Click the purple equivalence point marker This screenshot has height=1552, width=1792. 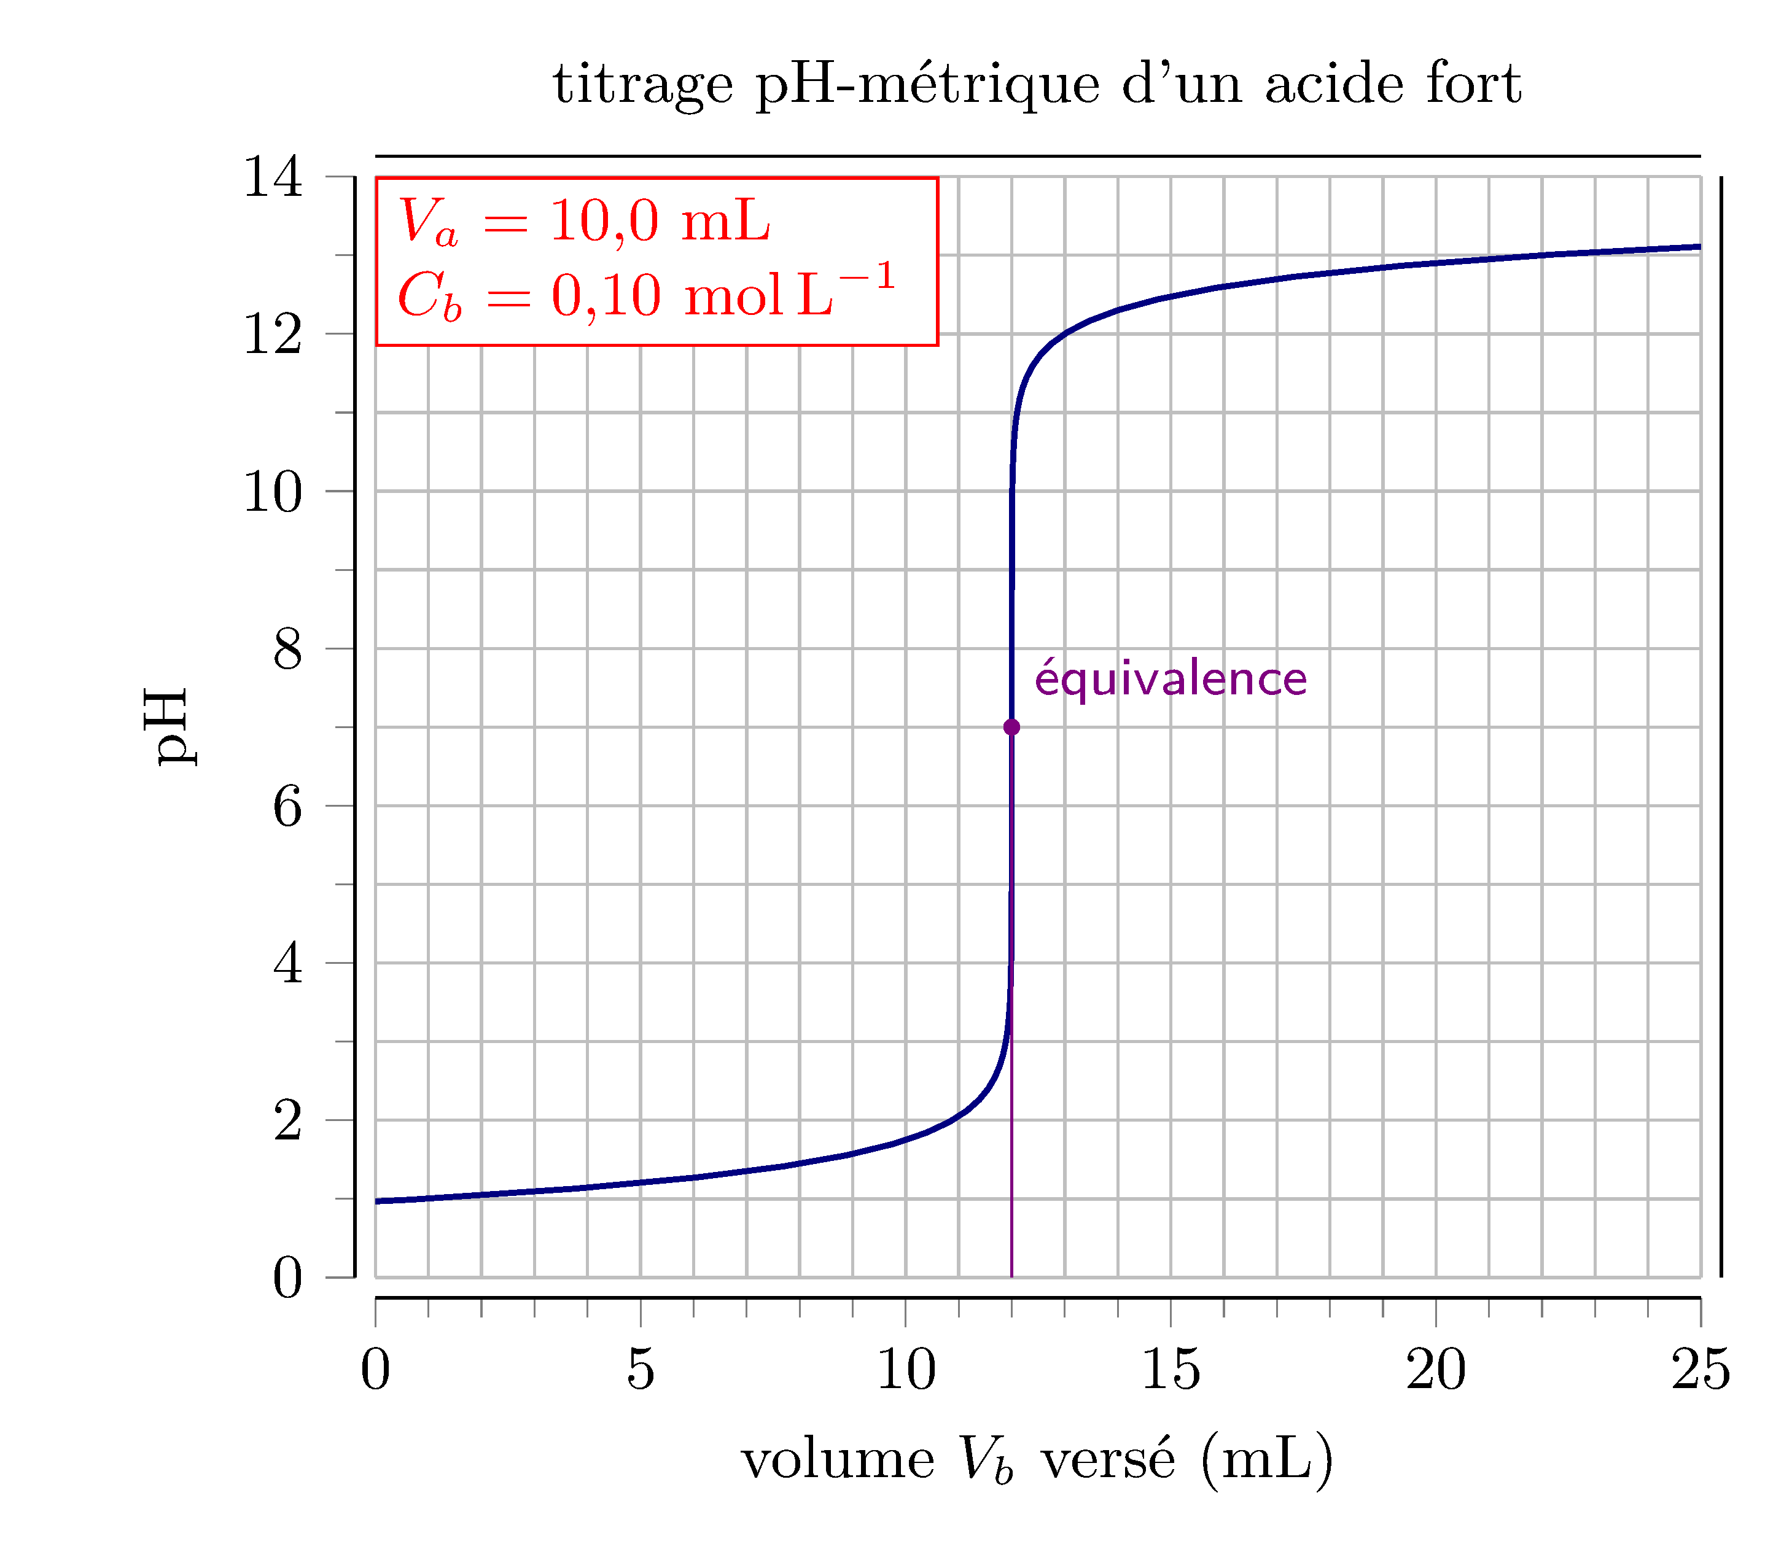pyautogui.click(x=1011, y=727)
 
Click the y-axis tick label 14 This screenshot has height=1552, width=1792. pyautogui.click(x=273, y=177)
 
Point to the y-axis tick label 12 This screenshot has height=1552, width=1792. pyautogui.click(x=273, y=335)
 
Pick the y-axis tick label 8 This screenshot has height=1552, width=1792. pyautogui.click(x=287, y=649)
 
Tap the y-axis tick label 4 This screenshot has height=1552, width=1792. pyautogui.click(x=287, y=963)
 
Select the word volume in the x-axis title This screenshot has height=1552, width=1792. pyautogui.click(x=838, y=1459)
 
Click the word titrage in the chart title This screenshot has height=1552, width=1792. pyautogui.click(x=642, y=85)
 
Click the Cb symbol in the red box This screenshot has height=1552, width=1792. pyautogui.click(x=429, y=296)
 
